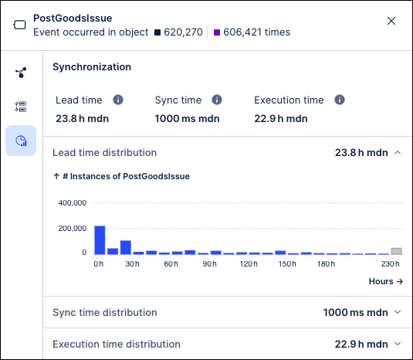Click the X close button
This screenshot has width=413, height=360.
tap(391, 21)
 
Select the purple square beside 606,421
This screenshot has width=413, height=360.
tap(217, 32)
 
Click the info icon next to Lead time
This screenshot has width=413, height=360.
tap(118, 100)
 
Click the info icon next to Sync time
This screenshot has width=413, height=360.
tap(217, 100)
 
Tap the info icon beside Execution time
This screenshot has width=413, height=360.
tap(339, 100)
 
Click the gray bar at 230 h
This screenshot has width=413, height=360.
tap(396, 251)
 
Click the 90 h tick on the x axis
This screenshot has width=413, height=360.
tap(208, 264)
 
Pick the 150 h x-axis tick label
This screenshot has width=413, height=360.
tap(287, 264)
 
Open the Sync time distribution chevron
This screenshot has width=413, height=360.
tap(398, 312)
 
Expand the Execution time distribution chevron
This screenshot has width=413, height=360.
tap(398, 344)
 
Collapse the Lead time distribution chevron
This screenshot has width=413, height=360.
tap(398, 153)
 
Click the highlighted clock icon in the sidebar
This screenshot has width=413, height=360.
tap(21, 140)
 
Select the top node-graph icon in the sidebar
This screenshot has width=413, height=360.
tap(21, 73)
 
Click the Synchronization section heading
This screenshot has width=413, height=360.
tap(91, 67)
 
